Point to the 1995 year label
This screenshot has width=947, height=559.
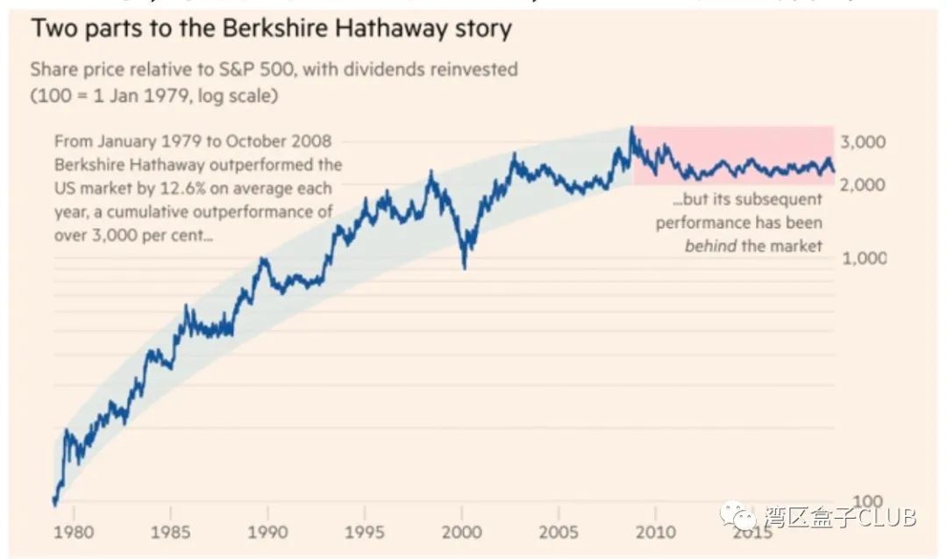coord(364,532)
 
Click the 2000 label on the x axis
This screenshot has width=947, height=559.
coord(461,532)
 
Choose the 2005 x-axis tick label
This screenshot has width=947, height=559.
coord(557,532)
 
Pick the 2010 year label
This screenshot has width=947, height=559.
coord(654,532)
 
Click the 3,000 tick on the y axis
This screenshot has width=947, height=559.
coord(863,142)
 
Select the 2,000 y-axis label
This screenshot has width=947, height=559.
coord(863,185)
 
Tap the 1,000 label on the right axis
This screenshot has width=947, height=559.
coord(863,258)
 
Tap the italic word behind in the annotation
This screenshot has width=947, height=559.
coord(711,246)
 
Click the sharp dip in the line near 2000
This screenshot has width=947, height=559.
coord(464,267)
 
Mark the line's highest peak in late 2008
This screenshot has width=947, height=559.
coord(631,129)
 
